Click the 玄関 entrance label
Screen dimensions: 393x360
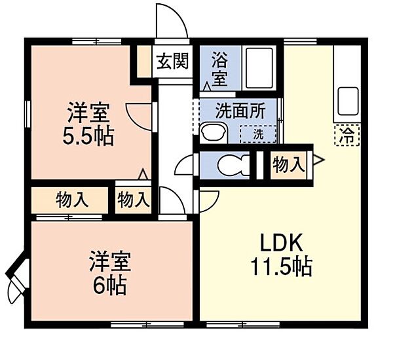(x=172, y=62)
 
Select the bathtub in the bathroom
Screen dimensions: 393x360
(x=259, y=68)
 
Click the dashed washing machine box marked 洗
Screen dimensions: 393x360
(x=258, y=134)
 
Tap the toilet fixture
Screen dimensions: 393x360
(x=234, y=166)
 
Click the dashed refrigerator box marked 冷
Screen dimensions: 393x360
(x=347, y=135)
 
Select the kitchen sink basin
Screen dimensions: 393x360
(x=348, y=101)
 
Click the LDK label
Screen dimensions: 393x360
(x=282, y=242)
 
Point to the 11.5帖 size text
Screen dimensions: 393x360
(x=281, y=266)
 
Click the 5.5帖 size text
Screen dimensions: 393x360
(x=88, y=137)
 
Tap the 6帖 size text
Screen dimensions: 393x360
(x=109, y=286)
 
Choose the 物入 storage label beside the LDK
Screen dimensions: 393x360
(x=289, y=166)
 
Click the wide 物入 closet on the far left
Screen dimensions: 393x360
(x=72, y=200)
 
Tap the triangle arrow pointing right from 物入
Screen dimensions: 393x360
(x=318, y=160)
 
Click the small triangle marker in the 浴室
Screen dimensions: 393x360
(x=207, y=86)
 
